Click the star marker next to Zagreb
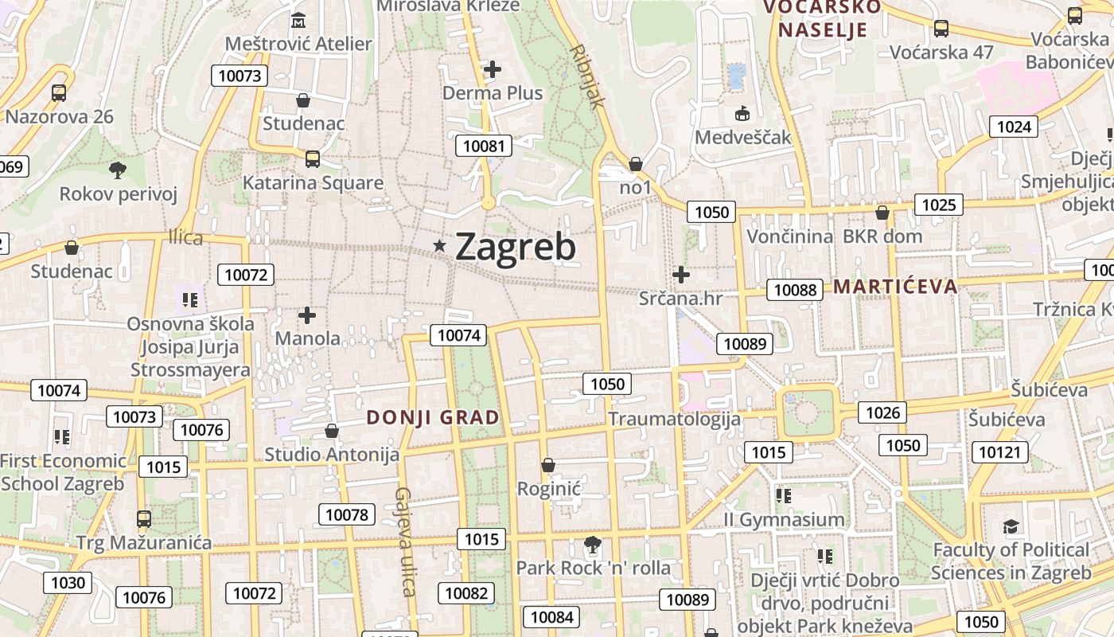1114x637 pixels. (x=438, y=246)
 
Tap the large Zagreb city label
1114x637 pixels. (x=515, y=247)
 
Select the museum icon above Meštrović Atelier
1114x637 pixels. (x=298, y=20)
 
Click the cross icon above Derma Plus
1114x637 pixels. (x=493, y=69)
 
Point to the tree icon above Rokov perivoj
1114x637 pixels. (x=118, y=169)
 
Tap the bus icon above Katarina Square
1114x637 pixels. (x=312, y=158)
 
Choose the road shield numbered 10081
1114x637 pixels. (x=484, y=146)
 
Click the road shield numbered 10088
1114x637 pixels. (x=796, y=290)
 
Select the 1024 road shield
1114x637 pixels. (x=1013, y=127)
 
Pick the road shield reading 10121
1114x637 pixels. (x=999, y=453)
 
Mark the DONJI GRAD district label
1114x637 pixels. (x=433, y=417)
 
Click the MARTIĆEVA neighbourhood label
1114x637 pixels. (x=895, y=287)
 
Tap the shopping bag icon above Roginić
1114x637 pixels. (x=547, y=465)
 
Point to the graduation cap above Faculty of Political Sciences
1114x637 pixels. (x=1011, y=526)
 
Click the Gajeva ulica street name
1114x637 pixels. (x=405, y=541)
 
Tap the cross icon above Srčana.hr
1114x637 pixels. (x=680, y=275)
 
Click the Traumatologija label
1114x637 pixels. (x=674, y=419)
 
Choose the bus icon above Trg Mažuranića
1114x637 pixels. (x=144, y=519)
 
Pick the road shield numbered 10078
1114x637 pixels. (x=347, y=514)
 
